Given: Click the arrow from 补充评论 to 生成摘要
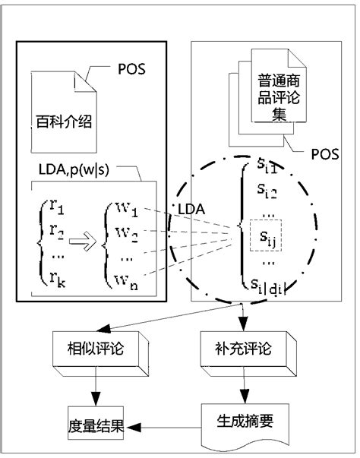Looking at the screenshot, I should coord(242,390).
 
